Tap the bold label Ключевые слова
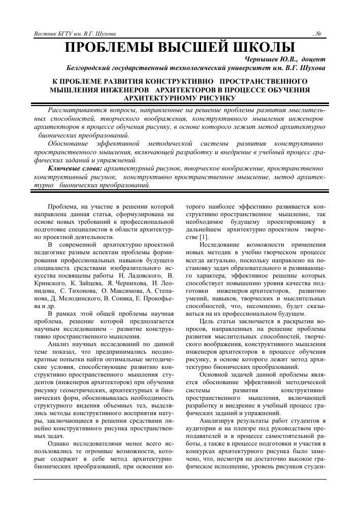75,167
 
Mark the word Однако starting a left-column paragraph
59,444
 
